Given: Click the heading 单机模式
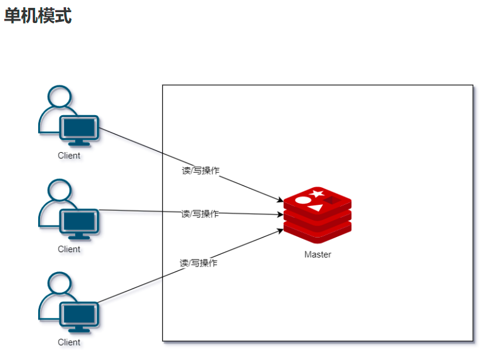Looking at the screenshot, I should click(38, 16).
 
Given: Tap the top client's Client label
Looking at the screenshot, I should click(69, 155).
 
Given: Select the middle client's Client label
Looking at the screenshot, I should click(69, 249).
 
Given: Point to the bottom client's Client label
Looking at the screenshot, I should click(69, 342).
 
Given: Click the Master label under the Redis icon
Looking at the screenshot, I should click(317, 255).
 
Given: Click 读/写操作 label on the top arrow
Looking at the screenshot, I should click(201, 171).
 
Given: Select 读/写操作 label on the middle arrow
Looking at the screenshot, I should click(200, 214).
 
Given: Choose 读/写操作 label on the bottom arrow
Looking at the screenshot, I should click(199, 263).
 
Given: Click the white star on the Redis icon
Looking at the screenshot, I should click(316, 194).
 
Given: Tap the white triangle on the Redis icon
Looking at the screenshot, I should click(316, 207).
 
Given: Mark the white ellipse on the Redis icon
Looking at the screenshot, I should click(302, 199).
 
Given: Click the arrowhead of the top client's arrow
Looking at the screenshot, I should click(281, 201).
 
